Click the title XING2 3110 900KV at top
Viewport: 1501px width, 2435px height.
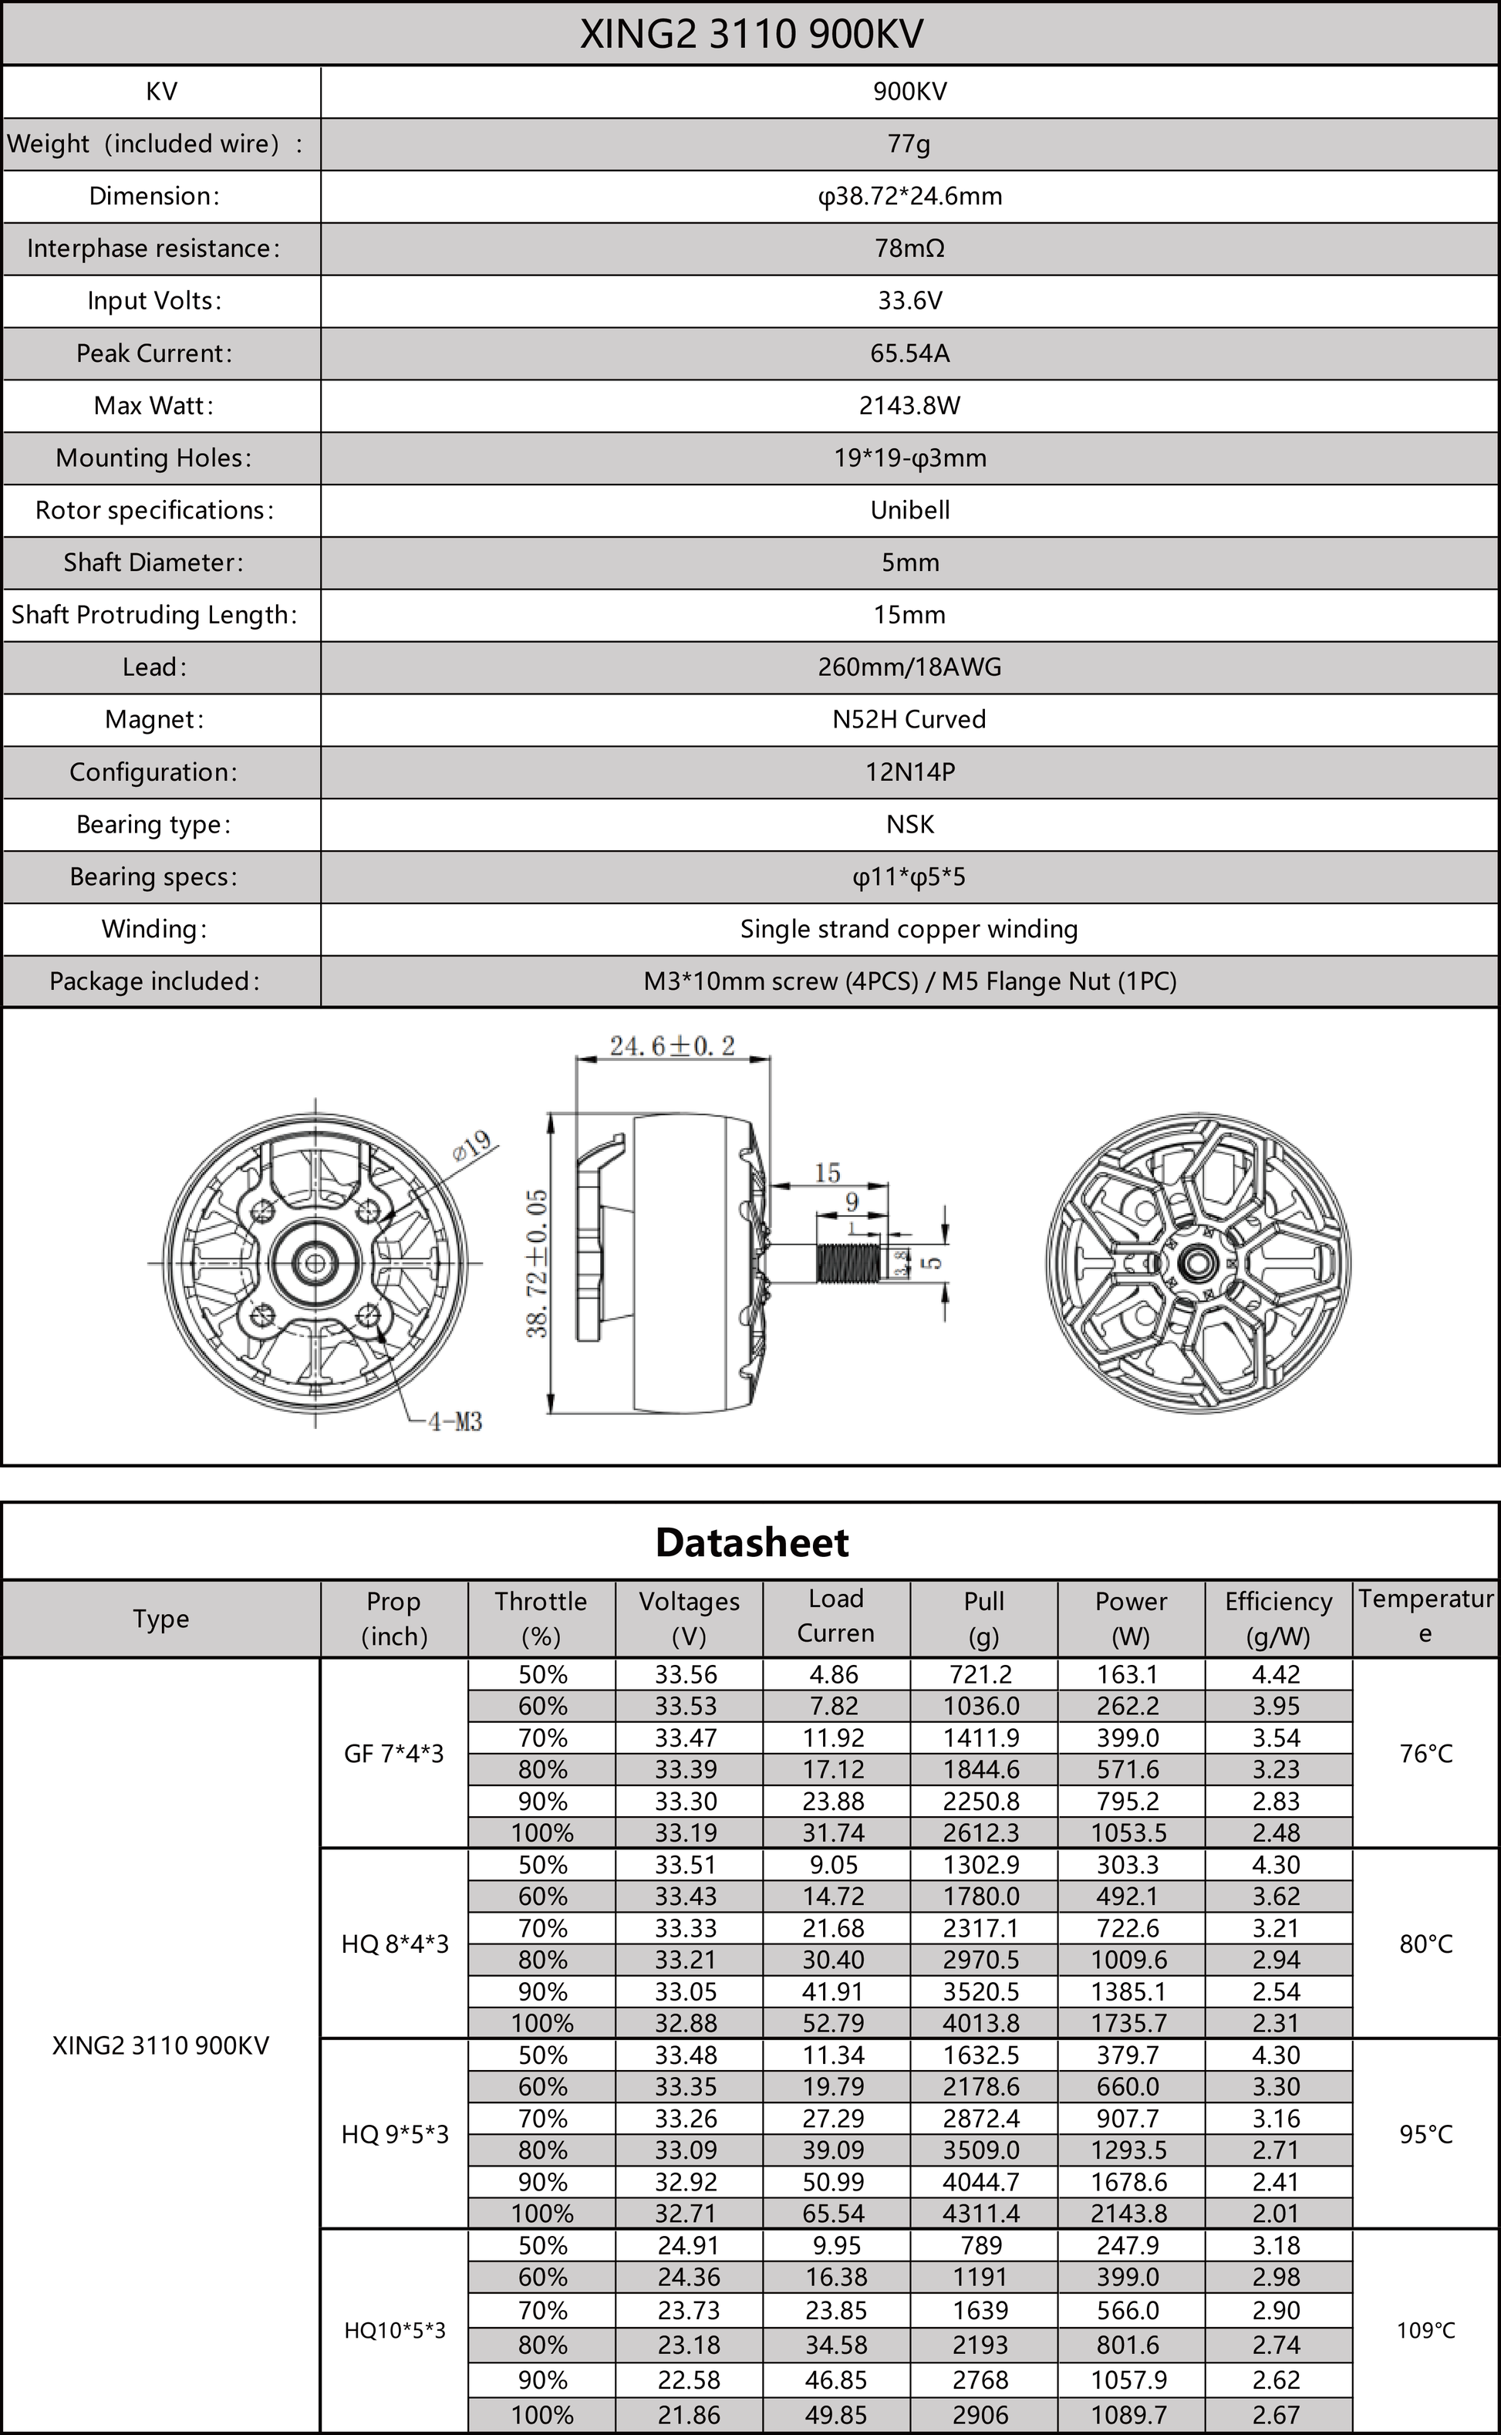750,34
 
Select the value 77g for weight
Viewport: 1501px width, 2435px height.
909,144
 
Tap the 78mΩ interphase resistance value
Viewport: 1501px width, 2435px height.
909,248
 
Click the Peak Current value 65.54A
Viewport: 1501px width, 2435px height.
909,353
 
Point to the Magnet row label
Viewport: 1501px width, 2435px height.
153,719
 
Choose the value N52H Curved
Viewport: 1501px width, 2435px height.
909,719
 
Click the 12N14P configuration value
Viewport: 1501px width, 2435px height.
909,772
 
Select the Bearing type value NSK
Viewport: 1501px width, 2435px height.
909,824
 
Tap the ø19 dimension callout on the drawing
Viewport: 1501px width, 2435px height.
474,1145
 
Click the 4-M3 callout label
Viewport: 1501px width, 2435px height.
454,1422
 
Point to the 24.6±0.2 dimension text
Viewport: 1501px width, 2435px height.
672,1045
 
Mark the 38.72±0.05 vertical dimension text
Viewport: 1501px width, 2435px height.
537,1263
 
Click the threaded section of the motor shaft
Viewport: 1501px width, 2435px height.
848,1262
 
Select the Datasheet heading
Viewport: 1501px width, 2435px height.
750,1542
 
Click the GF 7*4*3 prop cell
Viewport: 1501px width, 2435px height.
393,1754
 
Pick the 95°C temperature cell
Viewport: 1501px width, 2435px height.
1425,2134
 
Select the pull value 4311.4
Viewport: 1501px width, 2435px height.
981,2214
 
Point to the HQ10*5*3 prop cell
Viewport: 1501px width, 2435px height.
394,2331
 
